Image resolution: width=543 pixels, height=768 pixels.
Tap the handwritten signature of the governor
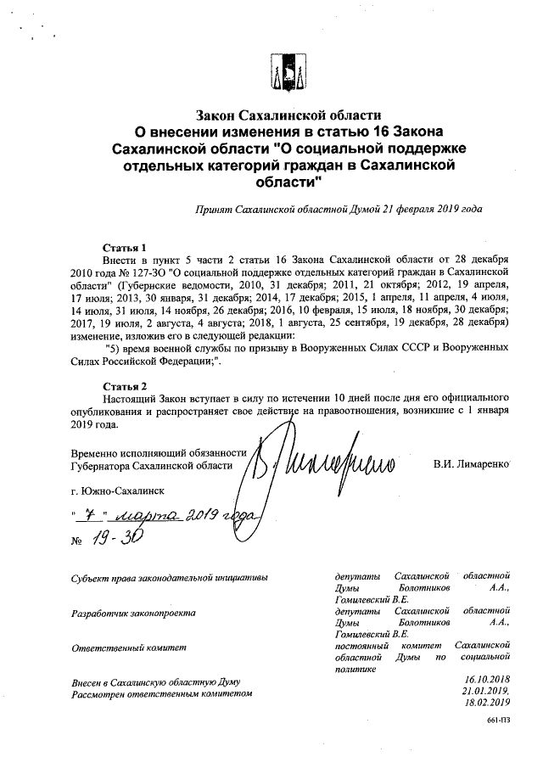pos(322,464)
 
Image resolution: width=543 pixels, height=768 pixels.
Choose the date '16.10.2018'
pos(486,680)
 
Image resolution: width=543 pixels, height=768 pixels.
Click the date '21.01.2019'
pos(486,691)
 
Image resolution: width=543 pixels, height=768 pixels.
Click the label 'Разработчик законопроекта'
pos(134,612)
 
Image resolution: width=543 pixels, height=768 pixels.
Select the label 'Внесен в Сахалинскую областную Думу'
pos(156,682)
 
